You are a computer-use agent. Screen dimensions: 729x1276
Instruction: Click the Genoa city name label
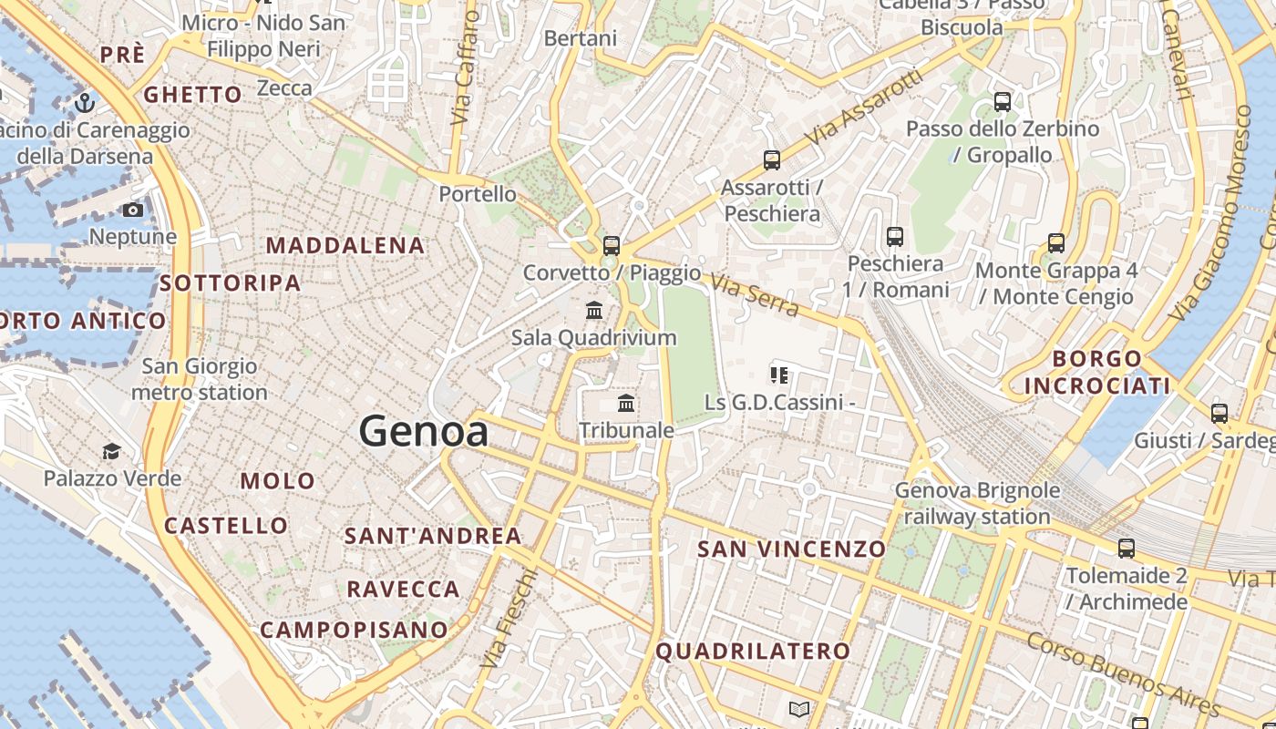click(424, 431)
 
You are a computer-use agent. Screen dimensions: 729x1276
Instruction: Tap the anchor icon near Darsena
click(85, 102)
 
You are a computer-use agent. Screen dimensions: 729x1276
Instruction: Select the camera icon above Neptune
click(133, 210)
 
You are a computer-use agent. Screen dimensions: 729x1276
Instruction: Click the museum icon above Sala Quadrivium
click(594, 311)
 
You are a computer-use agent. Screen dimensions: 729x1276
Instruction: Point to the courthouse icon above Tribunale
click(626, 403)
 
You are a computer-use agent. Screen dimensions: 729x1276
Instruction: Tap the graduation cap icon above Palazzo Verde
click(111, 451)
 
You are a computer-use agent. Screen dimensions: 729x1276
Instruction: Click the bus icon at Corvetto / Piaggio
click(612, 245)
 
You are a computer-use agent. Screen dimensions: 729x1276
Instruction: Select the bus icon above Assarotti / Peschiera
click(772, 160)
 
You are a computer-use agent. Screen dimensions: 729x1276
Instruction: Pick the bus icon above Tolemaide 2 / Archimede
click(1127, 549)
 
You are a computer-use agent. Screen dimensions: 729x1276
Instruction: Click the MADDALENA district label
click(345, 245)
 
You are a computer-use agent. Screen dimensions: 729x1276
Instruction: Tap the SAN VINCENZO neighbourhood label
click(791, 549)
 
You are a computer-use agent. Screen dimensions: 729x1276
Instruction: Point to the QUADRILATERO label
click(753, 651)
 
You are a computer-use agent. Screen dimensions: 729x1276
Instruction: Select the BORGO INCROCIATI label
click(1096, 372)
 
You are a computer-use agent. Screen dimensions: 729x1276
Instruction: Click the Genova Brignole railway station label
click(977, 504)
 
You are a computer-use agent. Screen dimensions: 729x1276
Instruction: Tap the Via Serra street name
click(755, 296)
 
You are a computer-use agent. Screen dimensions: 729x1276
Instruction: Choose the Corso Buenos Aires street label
click(1123, 673)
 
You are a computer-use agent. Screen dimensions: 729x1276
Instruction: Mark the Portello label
click(478, 194)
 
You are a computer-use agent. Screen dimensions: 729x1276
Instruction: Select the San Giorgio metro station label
click(200, 380)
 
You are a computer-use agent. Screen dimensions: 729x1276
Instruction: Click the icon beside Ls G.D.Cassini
click(778, 375)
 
